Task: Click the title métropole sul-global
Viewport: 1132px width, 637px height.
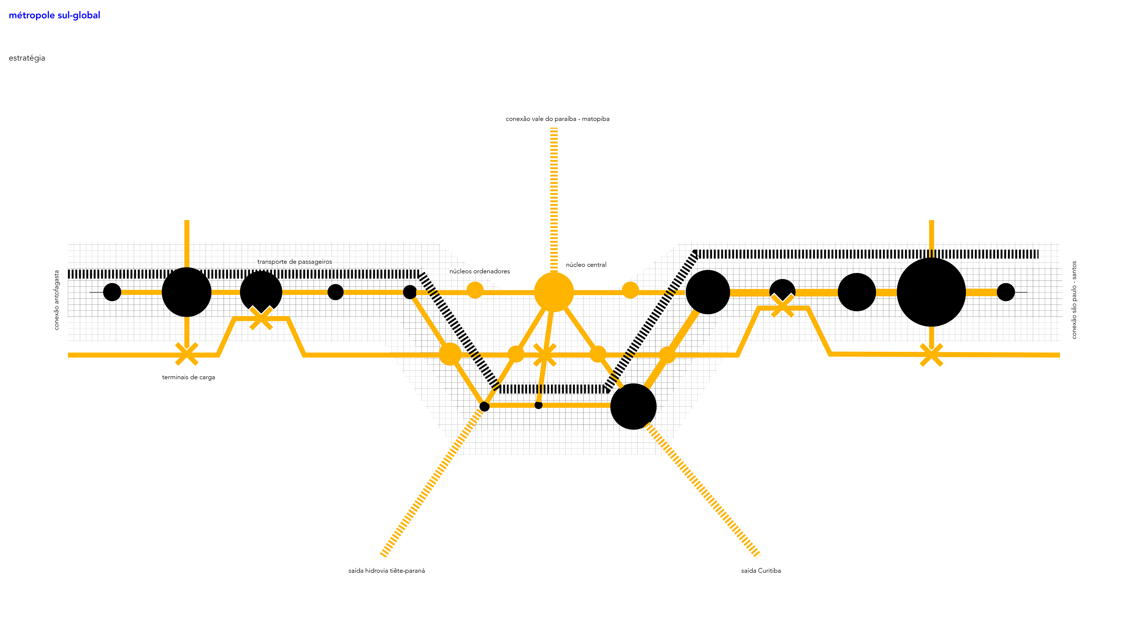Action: [55, 15]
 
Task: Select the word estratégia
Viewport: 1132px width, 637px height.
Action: [27, 58]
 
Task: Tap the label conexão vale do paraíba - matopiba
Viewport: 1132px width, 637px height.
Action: [557, 119]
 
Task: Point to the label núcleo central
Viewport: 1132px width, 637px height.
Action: [586, 265]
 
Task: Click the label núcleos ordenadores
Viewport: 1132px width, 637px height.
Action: [479, 271]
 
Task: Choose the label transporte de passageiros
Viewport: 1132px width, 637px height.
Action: [294, 262]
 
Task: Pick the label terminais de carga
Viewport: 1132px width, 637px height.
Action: [189, 377]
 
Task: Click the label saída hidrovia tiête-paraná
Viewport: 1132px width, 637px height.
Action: [386, 571]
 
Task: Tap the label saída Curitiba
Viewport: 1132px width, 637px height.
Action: [761, 571]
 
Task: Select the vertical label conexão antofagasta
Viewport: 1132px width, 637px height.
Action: [56, 300]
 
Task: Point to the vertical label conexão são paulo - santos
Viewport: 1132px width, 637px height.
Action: [1074, 300]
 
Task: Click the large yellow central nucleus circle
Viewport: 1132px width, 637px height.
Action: [554, 292]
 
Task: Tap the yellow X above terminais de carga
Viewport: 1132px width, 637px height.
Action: [187, 354]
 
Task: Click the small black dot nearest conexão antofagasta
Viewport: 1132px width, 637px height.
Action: [112, 292]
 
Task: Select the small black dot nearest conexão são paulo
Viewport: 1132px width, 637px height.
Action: [1006, 292]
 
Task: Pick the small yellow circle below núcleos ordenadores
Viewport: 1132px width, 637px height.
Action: [475, 290]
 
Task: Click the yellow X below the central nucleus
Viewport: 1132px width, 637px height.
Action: [545, 355]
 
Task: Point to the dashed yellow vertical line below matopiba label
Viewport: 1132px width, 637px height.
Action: [554, 198]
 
